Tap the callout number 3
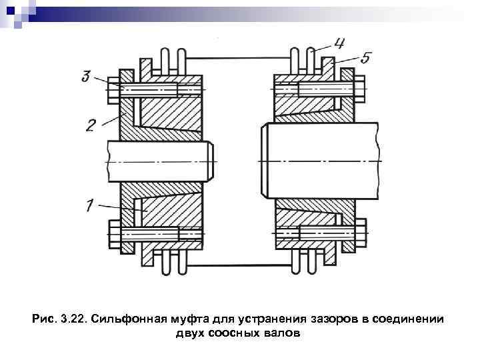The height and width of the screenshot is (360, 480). point(87,77)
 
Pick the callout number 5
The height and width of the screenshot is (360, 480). point(365,59)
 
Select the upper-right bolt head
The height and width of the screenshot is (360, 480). point(360,89)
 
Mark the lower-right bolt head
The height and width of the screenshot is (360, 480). point(360,233)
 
